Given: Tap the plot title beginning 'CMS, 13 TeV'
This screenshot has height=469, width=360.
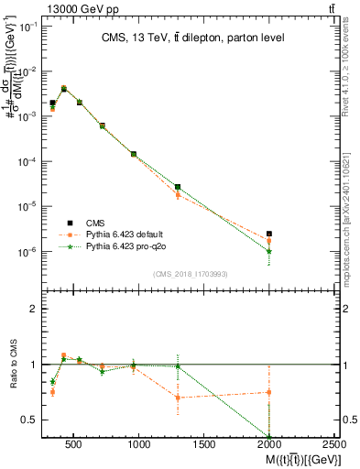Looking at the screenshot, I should click(x=192, y=38).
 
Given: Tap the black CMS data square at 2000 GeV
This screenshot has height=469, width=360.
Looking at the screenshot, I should click(x=269, y=234).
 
